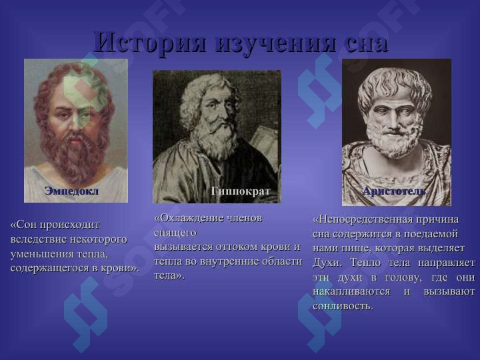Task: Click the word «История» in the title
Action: click(x=150, y=42)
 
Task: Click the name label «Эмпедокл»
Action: click(x=71, y=191)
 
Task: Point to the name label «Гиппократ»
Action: click(x=240, y=191)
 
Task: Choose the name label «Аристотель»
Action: click(x=394, y=191)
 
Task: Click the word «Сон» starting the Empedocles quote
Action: click(x=27, y=225)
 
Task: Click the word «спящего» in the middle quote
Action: click(x=175, y=233)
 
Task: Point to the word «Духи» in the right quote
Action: click(x=326, y=263)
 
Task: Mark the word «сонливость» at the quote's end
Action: click(x=343, y=307)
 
